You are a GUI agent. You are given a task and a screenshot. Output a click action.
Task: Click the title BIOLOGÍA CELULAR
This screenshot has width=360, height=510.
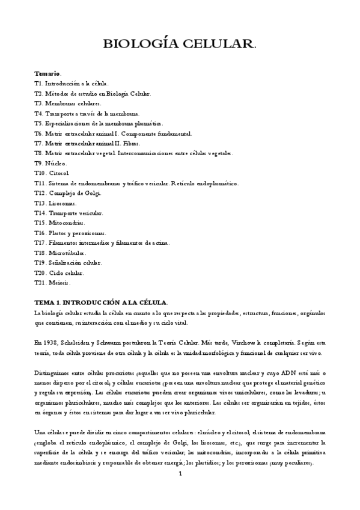click(x=180, y=44)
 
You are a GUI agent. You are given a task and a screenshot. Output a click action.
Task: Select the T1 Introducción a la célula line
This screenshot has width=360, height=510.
click(x=72, y=84)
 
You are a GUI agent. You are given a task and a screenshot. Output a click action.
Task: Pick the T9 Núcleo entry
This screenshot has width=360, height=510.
click(x=51, y=163)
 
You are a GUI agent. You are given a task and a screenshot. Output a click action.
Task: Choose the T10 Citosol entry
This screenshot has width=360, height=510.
click(x=52, y=173)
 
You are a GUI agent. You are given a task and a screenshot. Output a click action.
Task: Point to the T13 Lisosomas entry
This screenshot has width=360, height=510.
click(x=56, y=203)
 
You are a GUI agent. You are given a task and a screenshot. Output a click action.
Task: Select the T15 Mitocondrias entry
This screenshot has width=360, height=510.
click(x=61, y=223)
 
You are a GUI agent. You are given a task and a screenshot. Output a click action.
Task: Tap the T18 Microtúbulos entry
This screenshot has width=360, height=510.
click(x=60, y=253)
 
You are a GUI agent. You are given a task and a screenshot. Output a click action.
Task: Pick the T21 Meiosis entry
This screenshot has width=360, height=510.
click(x=53, y=282)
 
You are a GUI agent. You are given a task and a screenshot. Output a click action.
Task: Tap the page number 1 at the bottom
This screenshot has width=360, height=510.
click(x=180, y=473)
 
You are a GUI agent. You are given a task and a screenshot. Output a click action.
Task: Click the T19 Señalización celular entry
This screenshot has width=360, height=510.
click(x=69, y=262)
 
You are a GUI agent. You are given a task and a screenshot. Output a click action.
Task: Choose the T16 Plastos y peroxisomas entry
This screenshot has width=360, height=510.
click(x=70, y=233)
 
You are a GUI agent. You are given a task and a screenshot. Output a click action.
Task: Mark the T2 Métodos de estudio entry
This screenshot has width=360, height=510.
click(x=93, y=93)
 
